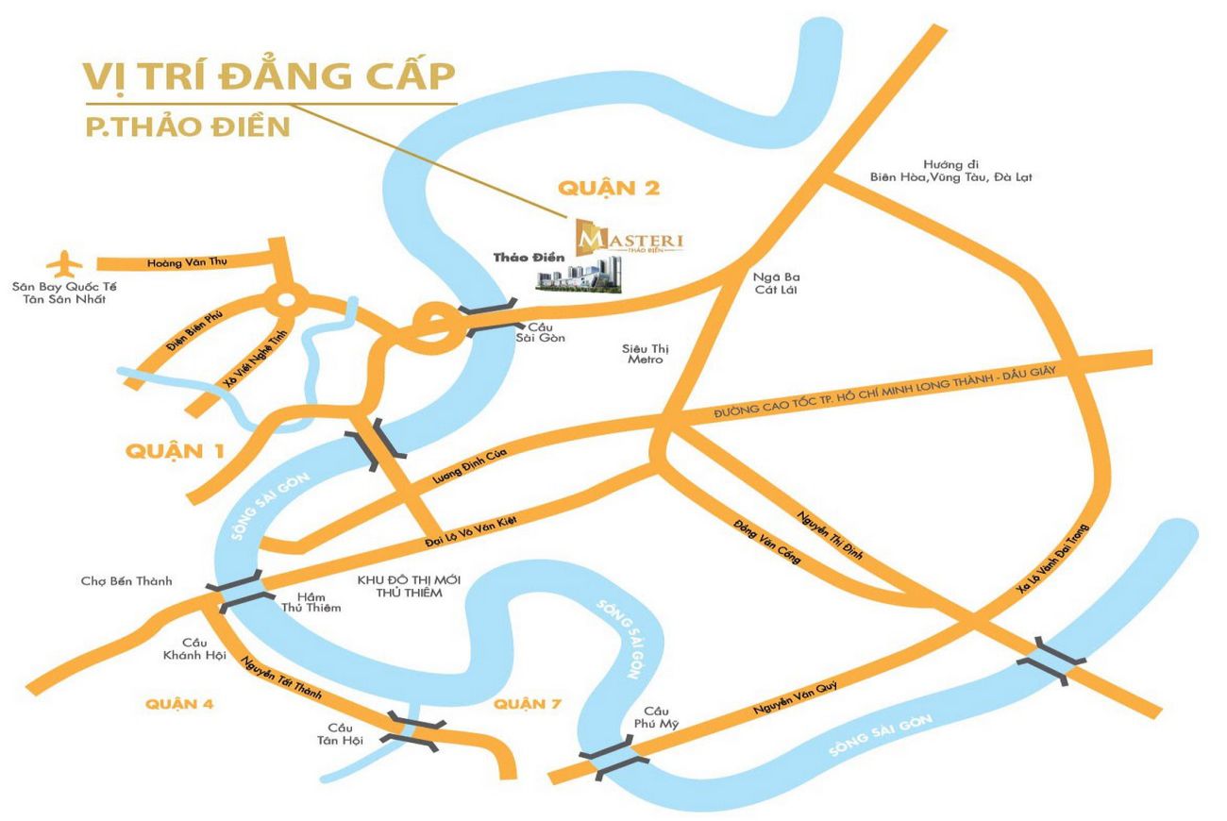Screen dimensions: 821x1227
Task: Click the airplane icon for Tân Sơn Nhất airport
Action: tap(63, 261)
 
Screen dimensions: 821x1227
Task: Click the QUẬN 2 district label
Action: tap(608, 188)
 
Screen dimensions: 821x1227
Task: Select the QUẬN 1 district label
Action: tap(175, 450)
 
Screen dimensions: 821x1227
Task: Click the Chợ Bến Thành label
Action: tap(126, 580)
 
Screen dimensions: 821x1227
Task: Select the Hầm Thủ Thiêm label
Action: tap(311, 601)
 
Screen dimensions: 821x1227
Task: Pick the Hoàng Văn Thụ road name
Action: tap(187, 262)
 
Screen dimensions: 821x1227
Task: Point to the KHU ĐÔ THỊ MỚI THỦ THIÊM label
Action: tap(399, 585)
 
